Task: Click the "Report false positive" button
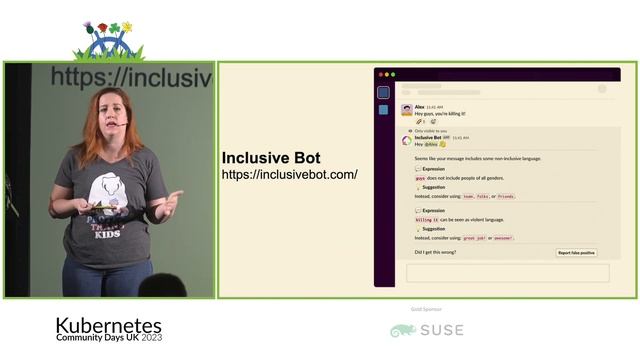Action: (576, 253)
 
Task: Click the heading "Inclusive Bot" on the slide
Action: (271, 158)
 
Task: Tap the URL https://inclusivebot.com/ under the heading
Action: (289, 175)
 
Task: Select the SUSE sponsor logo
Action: (427, 330)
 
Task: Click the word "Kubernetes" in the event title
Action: (108, 325)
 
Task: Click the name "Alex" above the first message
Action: (419, 105)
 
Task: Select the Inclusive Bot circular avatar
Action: (406, 141)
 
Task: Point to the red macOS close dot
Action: (380, 75)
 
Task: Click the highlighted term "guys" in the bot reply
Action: (420, 177)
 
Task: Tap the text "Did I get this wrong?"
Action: (435, 252)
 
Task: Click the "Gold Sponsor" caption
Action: (426, 310)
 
